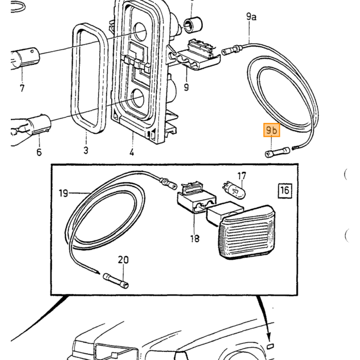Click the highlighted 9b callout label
click(x=272, y=130)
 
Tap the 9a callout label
click(x=251, y=17)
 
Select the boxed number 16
click(x=285, y=190)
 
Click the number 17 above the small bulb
click(x=242, y=176)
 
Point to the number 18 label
click(x=195, y=239)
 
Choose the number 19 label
click(x=63, y=193)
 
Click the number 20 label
click(x=123, y=260)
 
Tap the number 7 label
click(x=22, y=88)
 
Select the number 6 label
click(x=39, y=152)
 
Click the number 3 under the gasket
click(x=86, y=150)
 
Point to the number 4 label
click(x=132, y=152)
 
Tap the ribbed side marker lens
click(x=247, y=232)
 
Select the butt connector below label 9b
click(x=277, y=152)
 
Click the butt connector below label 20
click(x=116, y=281)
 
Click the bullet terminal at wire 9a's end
click(x=232, y=50)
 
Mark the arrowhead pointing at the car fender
click(x=270, y=337)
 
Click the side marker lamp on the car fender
click(x=270, y=346)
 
